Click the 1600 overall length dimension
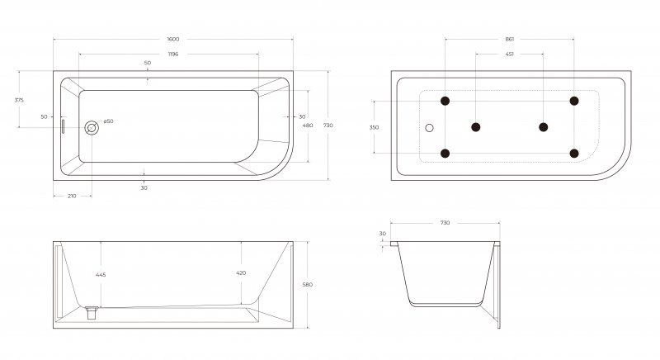[x=173, y=39]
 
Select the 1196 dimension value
[x=173, y=54]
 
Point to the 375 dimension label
[x=19, y=100]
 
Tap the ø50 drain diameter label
[x=108, y=121]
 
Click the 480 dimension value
[x=308, y=125]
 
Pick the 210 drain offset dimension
[x=72, y=196]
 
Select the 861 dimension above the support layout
[x=509, y=39]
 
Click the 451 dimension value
[x=509, y=54]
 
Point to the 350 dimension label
[x=374, y=127]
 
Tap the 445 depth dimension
[x=101, y=274]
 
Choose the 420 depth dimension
[x=241, y=272]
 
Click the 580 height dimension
[x=308, y=285]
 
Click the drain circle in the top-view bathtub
[x=92, y=128]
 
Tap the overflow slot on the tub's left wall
[x=64, y=126]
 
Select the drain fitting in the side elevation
[x=92, y=312]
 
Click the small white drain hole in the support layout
[x=429, y=128]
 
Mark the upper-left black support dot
[x=445, y=101]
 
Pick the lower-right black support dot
[x=574, y=154]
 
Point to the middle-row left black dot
[x=476, y=127]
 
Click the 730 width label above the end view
[x=445, y=223]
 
